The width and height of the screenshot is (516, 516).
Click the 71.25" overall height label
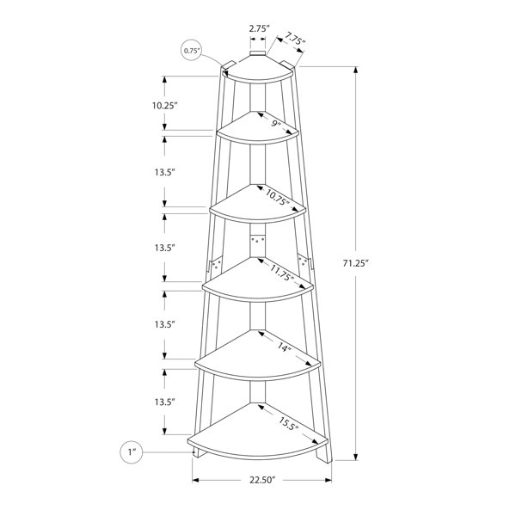(x=355, y=263)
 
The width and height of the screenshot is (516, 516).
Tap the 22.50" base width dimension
(x=262, y=480)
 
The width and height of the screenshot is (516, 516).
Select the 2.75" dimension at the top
(x=260, y=28)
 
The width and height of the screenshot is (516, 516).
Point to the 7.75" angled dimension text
(x=295, y=38)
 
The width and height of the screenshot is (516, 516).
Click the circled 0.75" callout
(x=192, y=51)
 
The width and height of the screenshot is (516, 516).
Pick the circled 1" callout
(x=132, y=452)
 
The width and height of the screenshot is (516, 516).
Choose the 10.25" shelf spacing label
(x=164, y=106)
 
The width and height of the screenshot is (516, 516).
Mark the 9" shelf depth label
(x=276, y=124)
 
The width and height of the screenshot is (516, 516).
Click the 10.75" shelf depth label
(x=278, y=197)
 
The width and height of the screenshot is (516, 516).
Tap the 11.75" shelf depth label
(x=282, y=273)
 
